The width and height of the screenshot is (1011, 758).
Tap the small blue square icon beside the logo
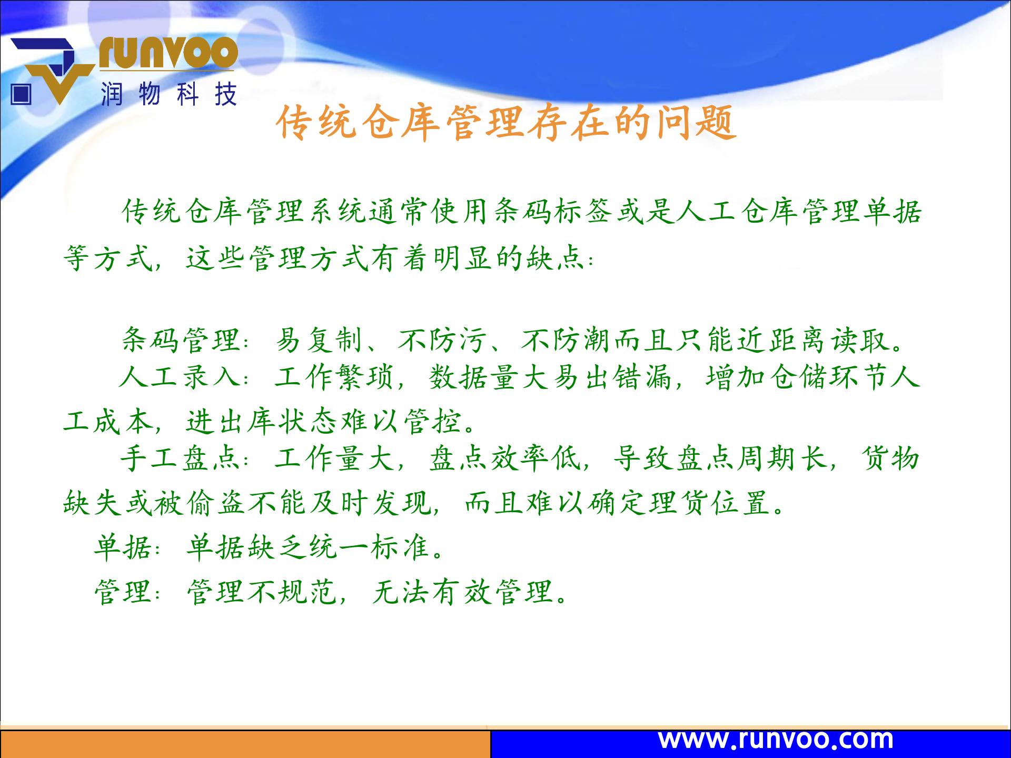(x=21, y=95)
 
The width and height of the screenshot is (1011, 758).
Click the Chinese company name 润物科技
(x=168, y=95)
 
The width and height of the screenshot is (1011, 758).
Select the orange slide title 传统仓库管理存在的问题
(x=506, y=123)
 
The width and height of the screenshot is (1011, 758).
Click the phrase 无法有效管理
(x=463, y=592)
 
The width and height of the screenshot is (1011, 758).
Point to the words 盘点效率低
(x=506, y=458)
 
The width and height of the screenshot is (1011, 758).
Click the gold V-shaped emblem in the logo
(x=59, y=82)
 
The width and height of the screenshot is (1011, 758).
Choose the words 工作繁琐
(x=334, y=377)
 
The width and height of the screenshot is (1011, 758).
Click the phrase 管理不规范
(x=262, y=592)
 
